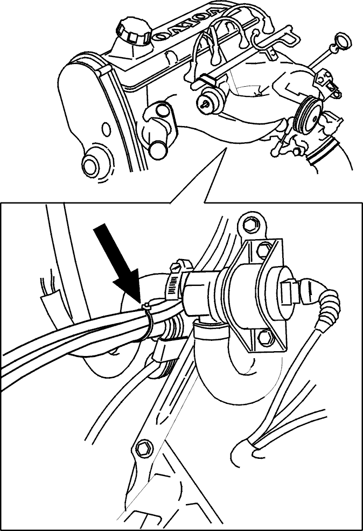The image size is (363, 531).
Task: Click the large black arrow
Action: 117,265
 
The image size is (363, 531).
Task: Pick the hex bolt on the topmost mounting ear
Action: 250,223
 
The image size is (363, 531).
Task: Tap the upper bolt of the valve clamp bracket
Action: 263,250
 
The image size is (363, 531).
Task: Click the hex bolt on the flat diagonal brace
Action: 141,449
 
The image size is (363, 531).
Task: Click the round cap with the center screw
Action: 210,102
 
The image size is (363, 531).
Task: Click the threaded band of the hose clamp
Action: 173,285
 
